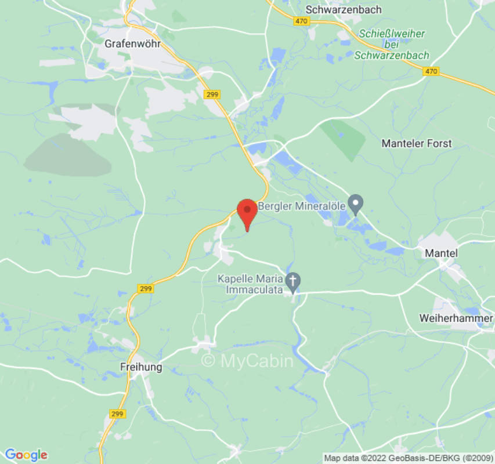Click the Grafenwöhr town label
coord(132,43)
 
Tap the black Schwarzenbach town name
coord(343,9)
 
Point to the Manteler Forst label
coord(416,143)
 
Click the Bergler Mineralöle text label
coord(301,206)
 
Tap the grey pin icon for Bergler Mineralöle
coord(355,204)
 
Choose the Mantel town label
coord(441,253)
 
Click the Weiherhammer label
coord(456,318)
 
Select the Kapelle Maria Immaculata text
coord(250,284)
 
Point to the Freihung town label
coord(140,367)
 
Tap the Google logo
coord(26,455)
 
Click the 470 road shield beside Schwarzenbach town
coord(301,21)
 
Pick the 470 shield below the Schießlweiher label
coord(431,71)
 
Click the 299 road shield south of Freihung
coord(117,414)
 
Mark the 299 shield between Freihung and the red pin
coord(146,288)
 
